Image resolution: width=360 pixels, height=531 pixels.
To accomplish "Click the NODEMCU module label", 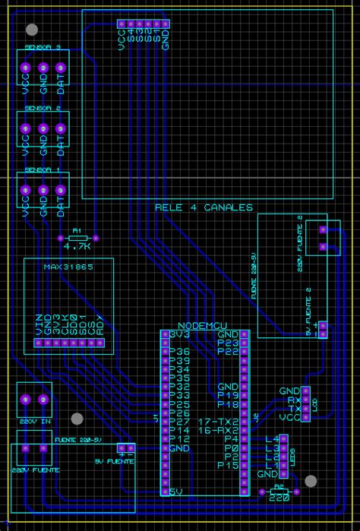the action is click(x=203, y=326).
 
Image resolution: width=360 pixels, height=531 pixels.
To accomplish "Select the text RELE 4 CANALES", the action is click(x=204, y=207).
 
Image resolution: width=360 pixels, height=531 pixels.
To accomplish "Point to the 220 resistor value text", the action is click(x=279, y=497).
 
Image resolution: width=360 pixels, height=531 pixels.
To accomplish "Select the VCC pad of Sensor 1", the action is click(x=26, y=190).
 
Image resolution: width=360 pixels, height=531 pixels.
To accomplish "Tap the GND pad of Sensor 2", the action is click(x=43, y=130).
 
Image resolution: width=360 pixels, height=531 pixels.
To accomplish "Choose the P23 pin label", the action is click(x=228, y=343).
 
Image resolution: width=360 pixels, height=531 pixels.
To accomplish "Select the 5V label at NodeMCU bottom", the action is click(x=177, y=491).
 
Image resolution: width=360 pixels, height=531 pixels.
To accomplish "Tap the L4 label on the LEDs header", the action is click(x=272, y=439).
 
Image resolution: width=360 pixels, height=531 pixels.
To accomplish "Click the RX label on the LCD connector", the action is click(x=293, y=400).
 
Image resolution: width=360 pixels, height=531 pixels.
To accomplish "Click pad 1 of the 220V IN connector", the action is click(x=26, y=400).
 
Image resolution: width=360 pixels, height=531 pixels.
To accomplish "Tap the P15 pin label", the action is click(x=228, y=465).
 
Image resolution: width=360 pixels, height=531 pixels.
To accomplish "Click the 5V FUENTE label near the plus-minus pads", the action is click(x=114, y=461).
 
